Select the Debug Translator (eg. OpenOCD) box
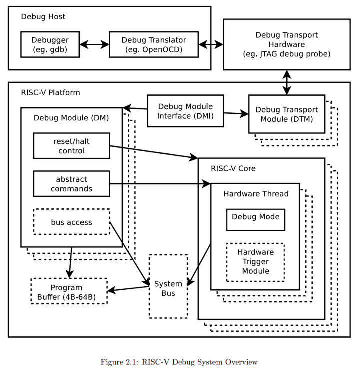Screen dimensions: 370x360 tap(154, 45)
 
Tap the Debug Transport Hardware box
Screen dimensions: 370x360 tap(286, 44)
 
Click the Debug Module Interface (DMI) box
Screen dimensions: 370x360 tap(185, 111)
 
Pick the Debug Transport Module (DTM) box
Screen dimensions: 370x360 tap(286, 114)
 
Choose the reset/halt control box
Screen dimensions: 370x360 tap(71, 146)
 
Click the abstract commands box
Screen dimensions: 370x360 tap(71, 184)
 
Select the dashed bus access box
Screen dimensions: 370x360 tap(71, 222)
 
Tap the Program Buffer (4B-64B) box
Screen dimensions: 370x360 tap(69, 292)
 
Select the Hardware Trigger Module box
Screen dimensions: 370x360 tap(255, 262)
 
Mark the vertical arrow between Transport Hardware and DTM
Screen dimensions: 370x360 tap(286, 82)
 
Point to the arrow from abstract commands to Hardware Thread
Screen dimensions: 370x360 tap(160, 184)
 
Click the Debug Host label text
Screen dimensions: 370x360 tap(43, 17)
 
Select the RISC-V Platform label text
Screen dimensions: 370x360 tap(50, 92)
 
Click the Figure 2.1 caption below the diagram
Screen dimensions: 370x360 tap(179, 362)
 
